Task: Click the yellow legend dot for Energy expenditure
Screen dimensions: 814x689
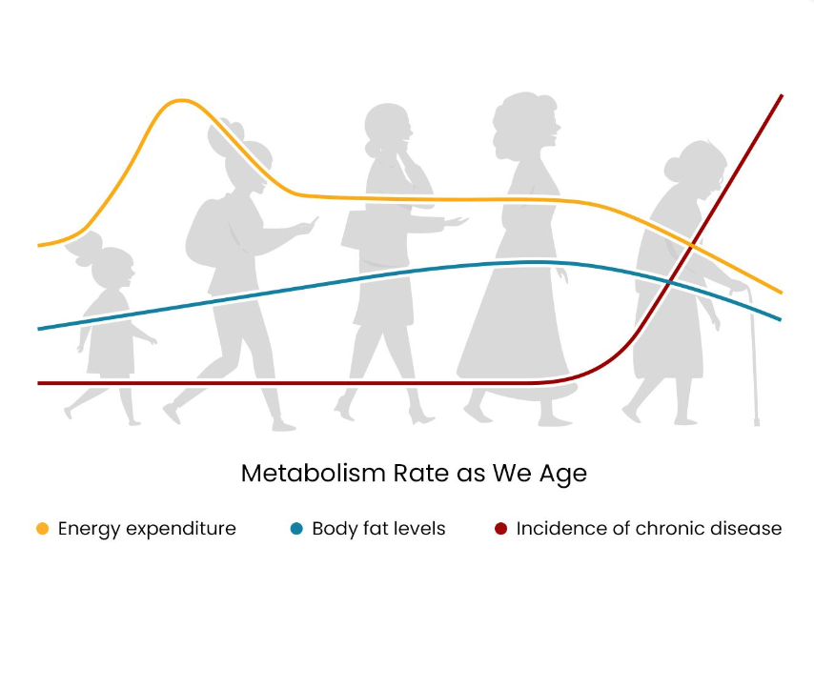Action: point(43,529)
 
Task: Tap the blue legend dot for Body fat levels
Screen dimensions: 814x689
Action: point(296,529)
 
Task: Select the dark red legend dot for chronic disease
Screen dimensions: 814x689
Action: point(500,529)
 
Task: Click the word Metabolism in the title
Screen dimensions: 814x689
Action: point(314,473)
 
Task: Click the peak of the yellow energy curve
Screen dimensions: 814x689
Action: point(181,100)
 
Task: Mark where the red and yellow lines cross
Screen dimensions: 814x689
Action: point(691,246)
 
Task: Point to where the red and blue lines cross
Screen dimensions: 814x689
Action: point(670,281)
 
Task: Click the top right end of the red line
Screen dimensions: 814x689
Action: point(782,95)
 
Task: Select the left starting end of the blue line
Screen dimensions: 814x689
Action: point(39,329)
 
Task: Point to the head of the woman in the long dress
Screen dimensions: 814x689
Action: point(526,126)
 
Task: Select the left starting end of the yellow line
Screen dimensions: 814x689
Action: point(39,245)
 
